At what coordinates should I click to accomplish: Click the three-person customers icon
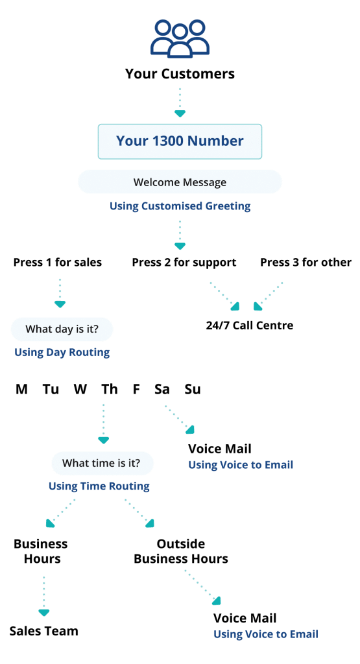[x=180, y=38]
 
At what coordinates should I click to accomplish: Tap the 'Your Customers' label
[x=180, y=74]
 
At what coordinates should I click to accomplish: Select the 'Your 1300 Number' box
[x=180, y=141]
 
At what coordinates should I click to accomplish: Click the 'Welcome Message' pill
[x=180, y=182]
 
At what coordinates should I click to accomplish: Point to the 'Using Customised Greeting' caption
[x=180, y=206]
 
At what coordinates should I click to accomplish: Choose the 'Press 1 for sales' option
[x=58, y=263]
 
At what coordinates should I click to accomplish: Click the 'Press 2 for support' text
[x=184, y=263]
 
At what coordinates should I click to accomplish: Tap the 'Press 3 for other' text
[x=306, y=263]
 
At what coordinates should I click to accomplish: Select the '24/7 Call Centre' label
[x=249, y=325]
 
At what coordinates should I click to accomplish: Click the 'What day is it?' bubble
[x=62, y=329]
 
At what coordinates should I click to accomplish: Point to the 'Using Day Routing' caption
[x=62, y=353]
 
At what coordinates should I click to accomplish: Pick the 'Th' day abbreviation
[x=109, y=389]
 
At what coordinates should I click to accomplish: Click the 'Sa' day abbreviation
[x=162, y=389]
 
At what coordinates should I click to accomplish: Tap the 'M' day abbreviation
[x=22, y=389]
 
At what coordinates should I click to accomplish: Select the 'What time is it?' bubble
[x=103, y=463]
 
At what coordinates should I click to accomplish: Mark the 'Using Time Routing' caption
[x=99, y=486]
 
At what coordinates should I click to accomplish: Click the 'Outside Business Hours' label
[x=181, y=551]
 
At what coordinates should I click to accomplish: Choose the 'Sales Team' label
[x=44, y=631]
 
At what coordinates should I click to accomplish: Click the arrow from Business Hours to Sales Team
[x=43, y=595]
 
